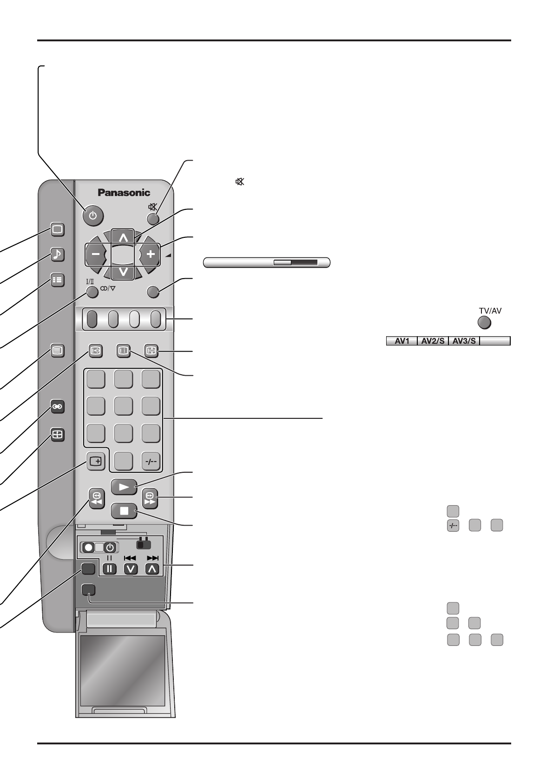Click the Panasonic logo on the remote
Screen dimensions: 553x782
(x=124, y=192)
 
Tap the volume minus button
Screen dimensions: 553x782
(x=95, y=254)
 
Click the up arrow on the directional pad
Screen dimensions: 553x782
(x=123, y=238)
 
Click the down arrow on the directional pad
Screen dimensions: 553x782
(x=123, y=272)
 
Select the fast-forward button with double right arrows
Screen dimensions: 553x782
(x=150, y=498)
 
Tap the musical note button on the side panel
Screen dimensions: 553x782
(x=57, y=254)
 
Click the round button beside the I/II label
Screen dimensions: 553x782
(x=92, y=292)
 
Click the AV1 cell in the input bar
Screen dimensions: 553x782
(x=402, y=341)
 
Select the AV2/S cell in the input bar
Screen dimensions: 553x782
(x=433, y=341)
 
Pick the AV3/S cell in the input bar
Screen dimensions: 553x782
(x=464, y=341)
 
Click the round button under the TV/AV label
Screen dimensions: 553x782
(x=484, y=322)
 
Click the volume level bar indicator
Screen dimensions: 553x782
(x=267, y=263)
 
